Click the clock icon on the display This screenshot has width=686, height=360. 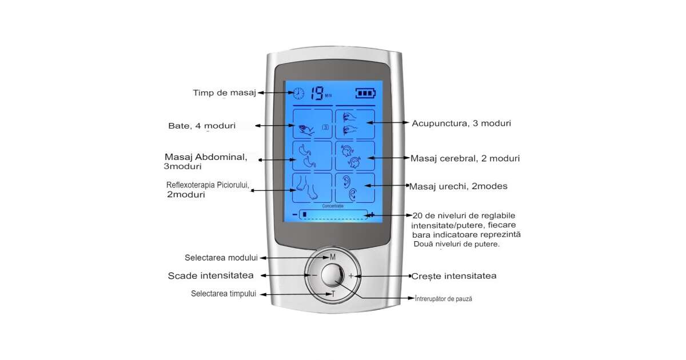[298, 93]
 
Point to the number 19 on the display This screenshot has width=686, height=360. [317, 92]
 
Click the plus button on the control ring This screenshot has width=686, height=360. [352, 275]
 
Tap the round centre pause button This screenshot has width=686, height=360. [332, 275]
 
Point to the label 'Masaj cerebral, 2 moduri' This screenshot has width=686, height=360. [465, 158]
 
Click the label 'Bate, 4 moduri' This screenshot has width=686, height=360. [202, 126]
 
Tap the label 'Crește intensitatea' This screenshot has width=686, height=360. [454, 276]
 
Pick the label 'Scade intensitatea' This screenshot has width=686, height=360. [210, 275]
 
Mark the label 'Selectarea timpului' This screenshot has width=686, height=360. [224, 294]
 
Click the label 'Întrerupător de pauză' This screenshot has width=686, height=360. [444, 299]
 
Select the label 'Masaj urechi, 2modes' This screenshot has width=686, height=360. [458, 186]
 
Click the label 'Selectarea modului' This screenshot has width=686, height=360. [221, 258]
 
